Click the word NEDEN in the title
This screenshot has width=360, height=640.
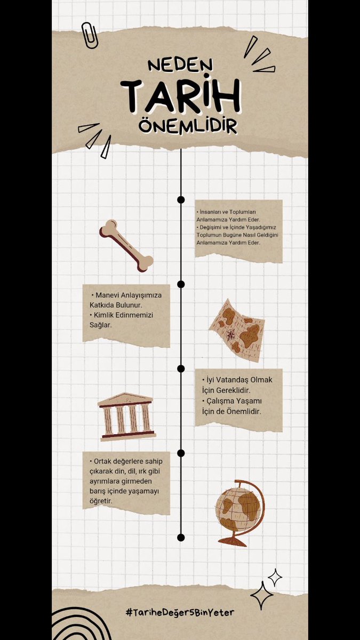[x=180, y=66]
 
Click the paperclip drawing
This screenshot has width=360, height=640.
[x=90, y=35]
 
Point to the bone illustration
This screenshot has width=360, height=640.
[x=126, y=246]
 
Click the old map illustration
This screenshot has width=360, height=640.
[x=237, y=330]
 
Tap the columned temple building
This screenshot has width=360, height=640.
[x=126, y=417]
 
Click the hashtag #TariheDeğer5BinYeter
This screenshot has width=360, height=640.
[x=180, y=612]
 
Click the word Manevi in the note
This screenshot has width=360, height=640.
[x=107, y=295]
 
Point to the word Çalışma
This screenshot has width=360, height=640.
[x=220, y=402]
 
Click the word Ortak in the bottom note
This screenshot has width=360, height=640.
[x=102, y=461]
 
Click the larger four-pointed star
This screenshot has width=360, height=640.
[x=262, y=595]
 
